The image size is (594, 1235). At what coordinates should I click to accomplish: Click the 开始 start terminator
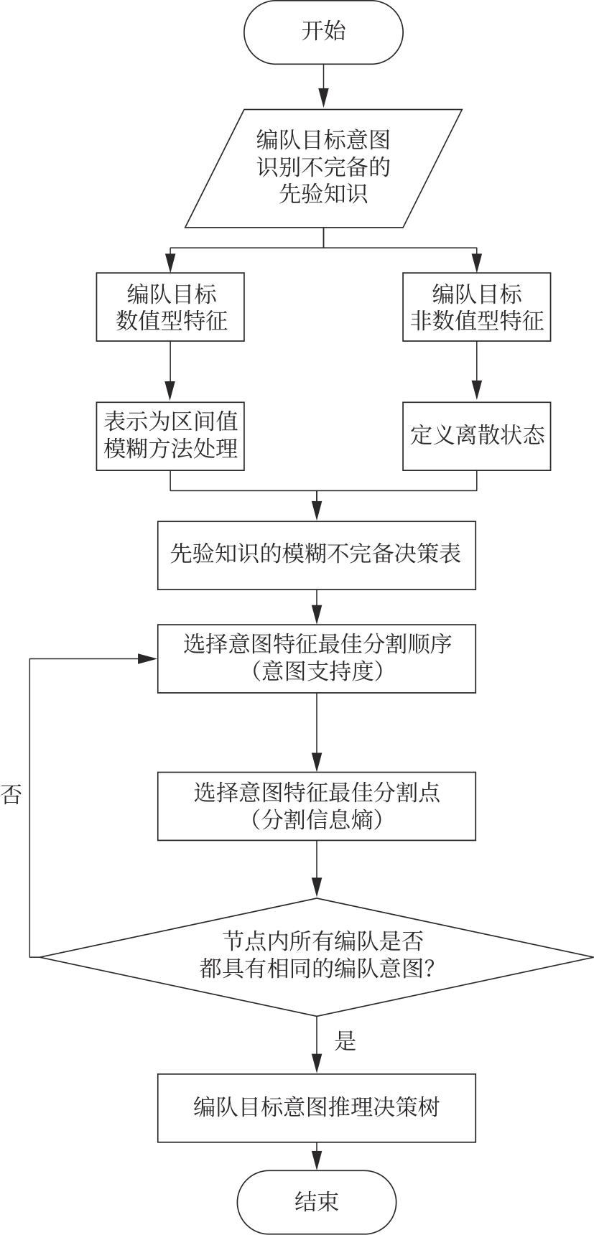[323, 32]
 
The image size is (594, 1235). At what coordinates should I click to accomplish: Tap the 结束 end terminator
[317, 1202]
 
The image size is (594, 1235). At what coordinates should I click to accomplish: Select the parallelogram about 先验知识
[323, 168]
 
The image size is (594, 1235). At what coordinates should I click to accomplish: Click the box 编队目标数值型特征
[171, 307]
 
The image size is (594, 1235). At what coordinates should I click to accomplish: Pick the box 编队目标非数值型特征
[476, 307]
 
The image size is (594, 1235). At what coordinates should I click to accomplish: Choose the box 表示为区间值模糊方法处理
[171, 436]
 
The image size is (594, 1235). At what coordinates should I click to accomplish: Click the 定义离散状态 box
[476, 436]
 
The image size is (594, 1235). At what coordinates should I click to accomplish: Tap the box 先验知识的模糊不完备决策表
[317, 555]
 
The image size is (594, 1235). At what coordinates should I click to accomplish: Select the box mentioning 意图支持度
[317, 658]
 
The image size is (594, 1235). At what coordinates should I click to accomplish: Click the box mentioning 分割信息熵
[317, 806]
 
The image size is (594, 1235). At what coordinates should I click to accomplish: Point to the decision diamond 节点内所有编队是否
[317, 956]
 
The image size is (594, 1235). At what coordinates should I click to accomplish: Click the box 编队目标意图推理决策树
[317, 1107]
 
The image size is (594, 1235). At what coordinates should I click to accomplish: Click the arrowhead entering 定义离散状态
[476, 393]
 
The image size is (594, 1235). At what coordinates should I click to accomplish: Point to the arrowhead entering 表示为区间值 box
[171, 393]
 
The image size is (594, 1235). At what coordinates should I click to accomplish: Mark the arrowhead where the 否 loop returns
[149, 658]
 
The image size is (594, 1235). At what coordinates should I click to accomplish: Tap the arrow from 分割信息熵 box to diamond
[317, 870]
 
